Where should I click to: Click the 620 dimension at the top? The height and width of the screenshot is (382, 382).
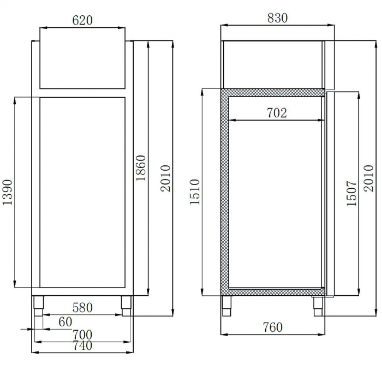click(x=82, y=20)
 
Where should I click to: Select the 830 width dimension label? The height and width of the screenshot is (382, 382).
click(x=277, y=17)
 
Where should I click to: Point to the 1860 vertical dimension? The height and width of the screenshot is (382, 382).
click(x=141, y=169)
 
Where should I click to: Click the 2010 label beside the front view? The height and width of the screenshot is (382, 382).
click(x=165, y=178)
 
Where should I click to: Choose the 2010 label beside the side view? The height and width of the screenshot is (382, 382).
click(x=369, y=178)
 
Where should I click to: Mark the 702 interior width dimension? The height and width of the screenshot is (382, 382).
click(x=277, y=113)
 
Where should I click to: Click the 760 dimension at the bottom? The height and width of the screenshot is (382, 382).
click(x=272, y=327)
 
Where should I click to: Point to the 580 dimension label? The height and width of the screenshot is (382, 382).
click(x=82, y=308)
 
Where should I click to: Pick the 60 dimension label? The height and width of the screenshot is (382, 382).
click(x=65, y=322)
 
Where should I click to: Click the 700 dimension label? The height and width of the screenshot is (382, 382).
click(x=82, y=334)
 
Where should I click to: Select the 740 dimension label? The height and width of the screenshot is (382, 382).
click(x=82, y=345)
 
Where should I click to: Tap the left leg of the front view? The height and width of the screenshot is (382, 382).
click(x=39, y=305)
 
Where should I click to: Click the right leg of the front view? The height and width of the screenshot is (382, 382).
click(x=127, y=305)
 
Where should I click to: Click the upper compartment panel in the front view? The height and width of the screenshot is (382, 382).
click(x=82, y=64)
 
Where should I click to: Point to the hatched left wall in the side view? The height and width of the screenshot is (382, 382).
click(x=224, y=191)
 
